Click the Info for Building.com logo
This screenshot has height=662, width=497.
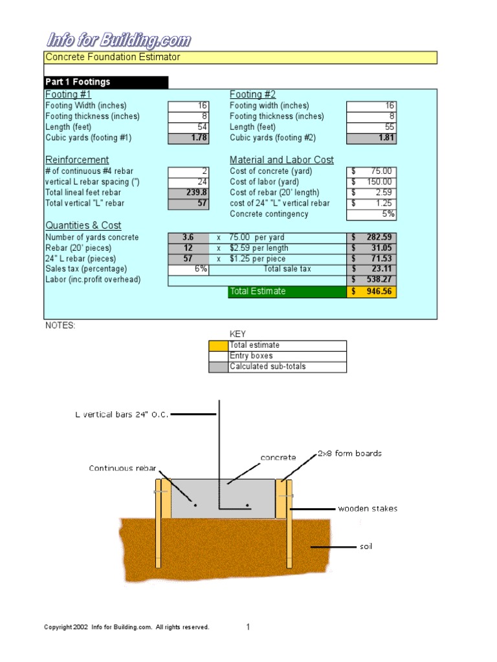118,41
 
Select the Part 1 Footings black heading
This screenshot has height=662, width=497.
105,82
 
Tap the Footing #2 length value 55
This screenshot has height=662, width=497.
371,127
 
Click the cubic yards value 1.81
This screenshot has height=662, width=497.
371,138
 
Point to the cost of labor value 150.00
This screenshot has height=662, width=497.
371,182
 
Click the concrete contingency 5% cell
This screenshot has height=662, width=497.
371,214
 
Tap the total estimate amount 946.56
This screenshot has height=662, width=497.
371,292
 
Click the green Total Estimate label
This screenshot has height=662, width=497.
287,292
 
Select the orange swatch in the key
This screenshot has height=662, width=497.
218,346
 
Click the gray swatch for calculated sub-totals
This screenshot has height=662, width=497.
218,367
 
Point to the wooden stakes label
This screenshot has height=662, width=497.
368,509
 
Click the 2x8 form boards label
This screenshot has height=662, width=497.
349,453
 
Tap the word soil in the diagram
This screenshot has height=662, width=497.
366,547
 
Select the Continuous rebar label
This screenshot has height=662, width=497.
122,468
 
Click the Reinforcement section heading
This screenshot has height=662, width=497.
77,160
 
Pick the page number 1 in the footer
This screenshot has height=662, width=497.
248,626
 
